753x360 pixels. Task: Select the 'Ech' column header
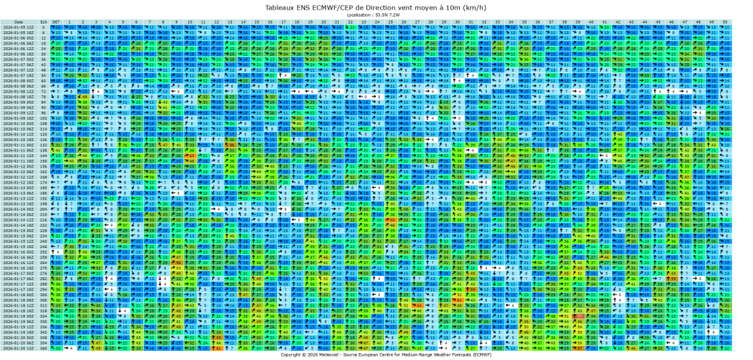(x=43, y=22)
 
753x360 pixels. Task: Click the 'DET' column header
(x=56, y=22)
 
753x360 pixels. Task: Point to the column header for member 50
(x=725, y=22)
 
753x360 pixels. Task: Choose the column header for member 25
(x=390, y=22)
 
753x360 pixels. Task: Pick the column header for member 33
(x=497, y=22)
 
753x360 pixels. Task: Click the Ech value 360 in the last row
(x=43, y=348)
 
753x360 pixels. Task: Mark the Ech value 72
(x=43, y=91)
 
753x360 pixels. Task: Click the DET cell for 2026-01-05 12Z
(x=56, y=27)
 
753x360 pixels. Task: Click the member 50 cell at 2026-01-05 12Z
(x=725, y=27)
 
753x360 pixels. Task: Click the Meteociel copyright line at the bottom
(x=376, y=354)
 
